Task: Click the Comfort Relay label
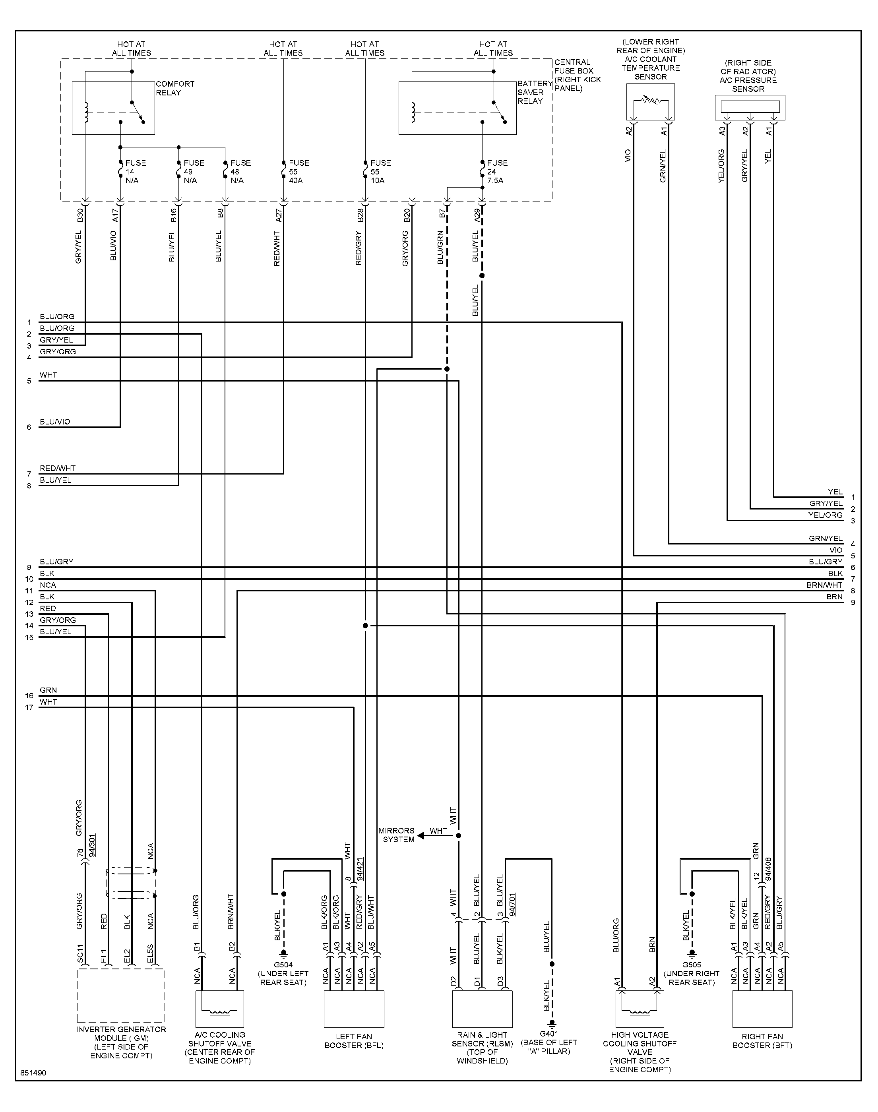coord(175,88)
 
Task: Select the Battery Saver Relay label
coord(535,93)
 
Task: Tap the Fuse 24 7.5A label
coord(497,172)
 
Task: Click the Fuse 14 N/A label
coord(136,172)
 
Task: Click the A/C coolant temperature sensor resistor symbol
coord(651,101)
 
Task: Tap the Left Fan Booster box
coord(354,1009)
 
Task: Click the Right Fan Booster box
coord(762,1009)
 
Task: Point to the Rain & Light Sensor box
coord(482,1009)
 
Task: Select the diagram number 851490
coord(33,1073)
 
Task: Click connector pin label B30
coord(79,215)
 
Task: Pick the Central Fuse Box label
coord(577,75)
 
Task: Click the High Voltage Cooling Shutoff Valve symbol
coord(640,1009)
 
